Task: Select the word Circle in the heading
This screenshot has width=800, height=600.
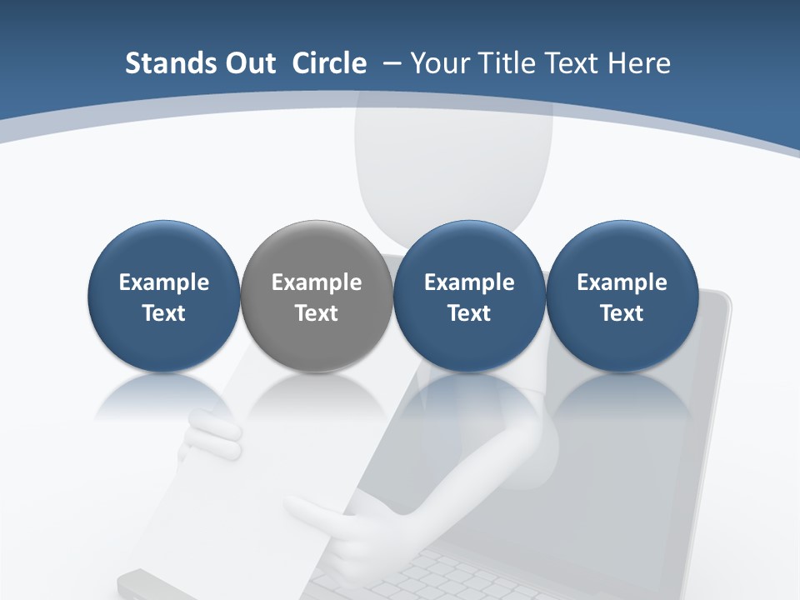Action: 329,63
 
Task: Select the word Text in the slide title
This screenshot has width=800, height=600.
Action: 570,63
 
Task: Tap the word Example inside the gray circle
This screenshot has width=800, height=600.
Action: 317,282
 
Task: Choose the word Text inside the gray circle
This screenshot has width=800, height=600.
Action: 317,313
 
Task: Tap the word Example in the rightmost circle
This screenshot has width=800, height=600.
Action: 622,282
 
